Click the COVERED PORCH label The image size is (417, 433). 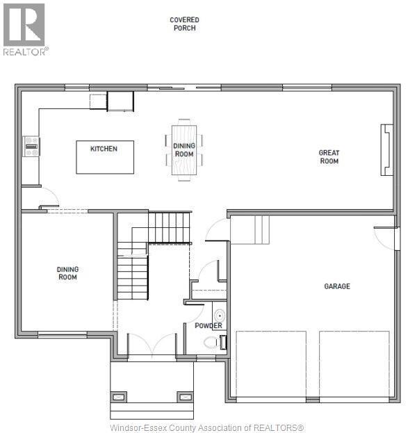click(x=183, y=24)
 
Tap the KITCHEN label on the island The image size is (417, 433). click(x=104, y=149)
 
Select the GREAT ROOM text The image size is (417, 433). click(x=329, y=157)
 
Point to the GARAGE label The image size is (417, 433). click(x=337, y=286)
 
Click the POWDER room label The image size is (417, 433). click(x=208, y=326)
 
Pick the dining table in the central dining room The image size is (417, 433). click(x=184, y=150)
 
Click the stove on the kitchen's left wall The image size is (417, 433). click(x=31, y=146)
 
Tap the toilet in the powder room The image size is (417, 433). click(x=213, y=342)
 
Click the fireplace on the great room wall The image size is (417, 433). click(x=386, y=151)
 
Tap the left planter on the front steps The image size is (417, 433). click(x=120, y=397)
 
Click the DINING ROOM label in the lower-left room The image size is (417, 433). click(x=67, y=273)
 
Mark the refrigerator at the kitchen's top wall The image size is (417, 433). click(x=120, y=101)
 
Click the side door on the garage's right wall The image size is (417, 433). click(x=394, y=237)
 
